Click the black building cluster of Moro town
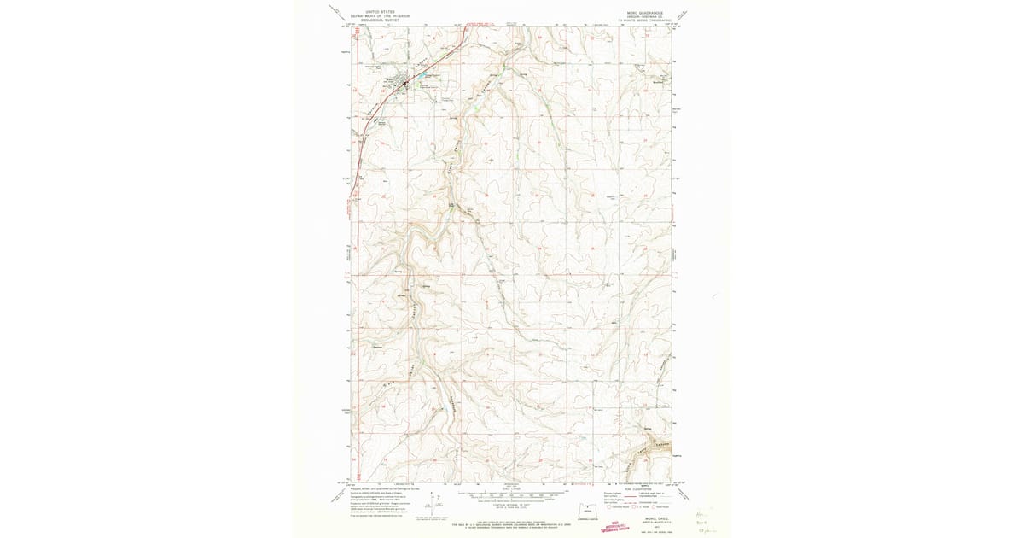tap(398, 84)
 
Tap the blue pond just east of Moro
tap(422, 85)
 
